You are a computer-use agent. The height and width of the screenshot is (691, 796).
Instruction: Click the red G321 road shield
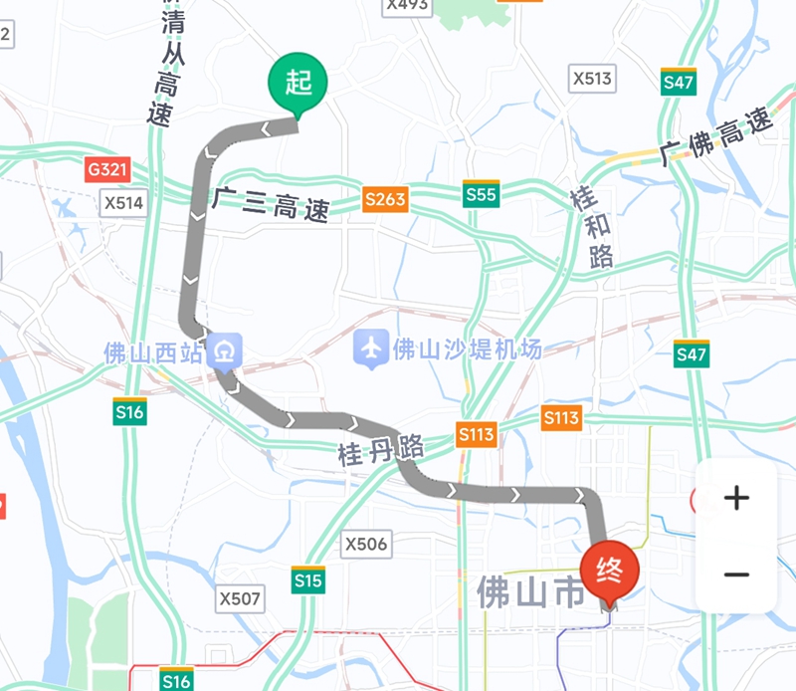click(107, 170)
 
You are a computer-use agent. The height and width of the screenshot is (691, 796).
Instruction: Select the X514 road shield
click(124, 204)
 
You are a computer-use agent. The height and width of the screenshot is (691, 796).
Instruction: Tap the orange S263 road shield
click(385, 199)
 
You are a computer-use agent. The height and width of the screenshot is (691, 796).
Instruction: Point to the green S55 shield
click(481, 195)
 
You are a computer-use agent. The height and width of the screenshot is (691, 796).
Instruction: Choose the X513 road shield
click(593, 79)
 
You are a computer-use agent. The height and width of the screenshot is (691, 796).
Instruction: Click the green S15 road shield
click(307, 579)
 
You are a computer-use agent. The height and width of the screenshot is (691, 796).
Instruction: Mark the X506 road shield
click(365, 544)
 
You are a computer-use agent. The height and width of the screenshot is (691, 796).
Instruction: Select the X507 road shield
click(240, 598)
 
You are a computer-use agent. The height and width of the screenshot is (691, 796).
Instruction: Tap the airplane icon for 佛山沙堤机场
click(371, 349)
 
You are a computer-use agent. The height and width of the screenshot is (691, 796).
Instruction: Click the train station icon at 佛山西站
click(226, 351)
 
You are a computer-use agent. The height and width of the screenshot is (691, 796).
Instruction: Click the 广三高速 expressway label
click(271, 204)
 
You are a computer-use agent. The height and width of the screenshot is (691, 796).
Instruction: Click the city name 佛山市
click(531, 592)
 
